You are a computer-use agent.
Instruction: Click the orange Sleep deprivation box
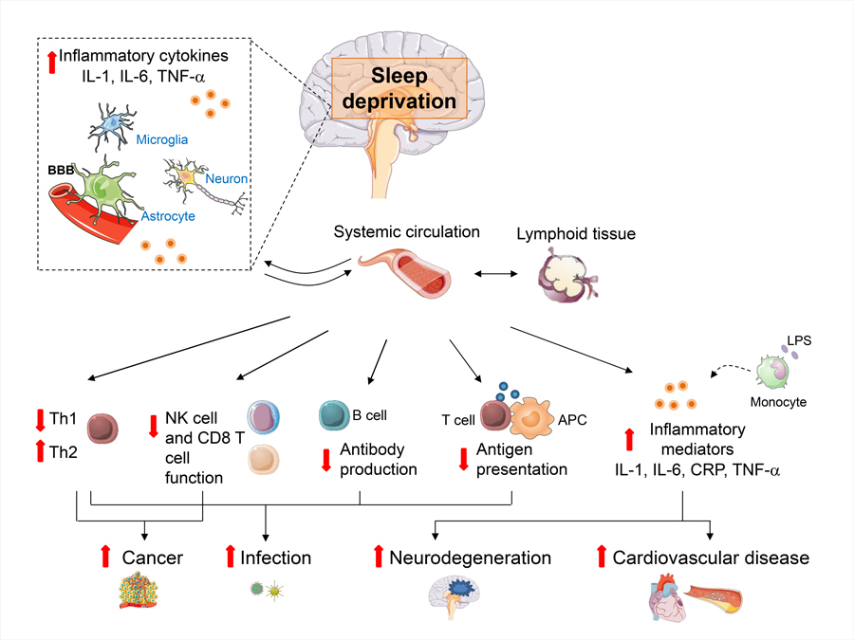tap(399, 88)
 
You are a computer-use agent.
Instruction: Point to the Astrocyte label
tap(168, 217)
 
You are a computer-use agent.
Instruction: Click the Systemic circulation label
tap(407, 232)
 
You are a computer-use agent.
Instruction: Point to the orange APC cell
tap(538, 416)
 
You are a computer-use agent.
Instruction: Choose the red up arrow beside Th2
tap(40, 452)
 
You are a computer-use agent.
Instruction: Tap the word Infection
tap(276, 558)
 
